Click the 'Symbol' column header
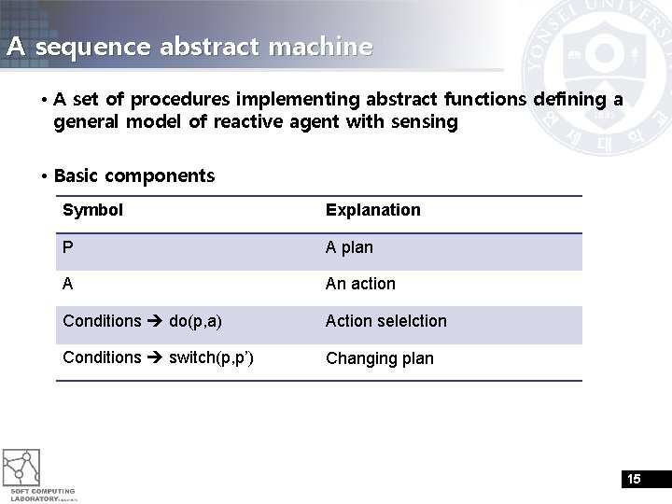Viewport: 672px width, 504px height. pyautogui.click(x=92, y=210)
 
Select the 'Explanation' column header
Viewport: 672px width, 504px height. pyautogui.click(x=372, y=210)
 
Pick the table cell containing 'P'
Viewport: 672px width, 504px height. pyautogui.click(x=68, y=247)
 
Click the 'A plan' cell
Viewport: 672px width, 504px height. pyautogui.click(x=349, y=247)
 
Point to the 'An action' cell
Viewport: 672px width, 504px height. pyautogui.click(x=360, y=284)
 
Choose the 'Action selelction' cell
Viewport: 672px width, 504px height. pyautogui.click(x=385, y=321)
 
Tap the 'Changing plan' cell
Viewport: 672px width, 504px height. pyautogui.click(x=379, y=358)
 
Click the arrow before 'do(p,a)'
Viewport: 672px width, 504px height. pyautogui.click(x=155, y=321)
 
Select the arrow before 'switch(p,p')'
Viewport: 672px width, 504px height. pyautogui.click(x=155, y=357)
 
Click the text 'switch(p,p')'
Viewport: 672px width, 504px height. pyautogui.click(x=211, y=357)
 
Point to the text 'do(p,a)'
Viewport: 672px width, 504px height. pyautogui.click(x=195, y=321)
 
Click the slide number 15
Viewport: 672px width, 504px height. pyautogui.click(x=634, y=480)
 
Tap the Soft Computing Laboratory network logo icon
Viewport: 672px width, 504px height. pyautogui.click(x=21, y=467)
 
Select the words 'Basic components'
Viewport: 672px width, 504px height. pyautogui.click(x=134, y=175)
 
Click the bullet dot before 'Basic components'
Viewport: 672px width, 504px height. pyautogui.click(x=44, y=176)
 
